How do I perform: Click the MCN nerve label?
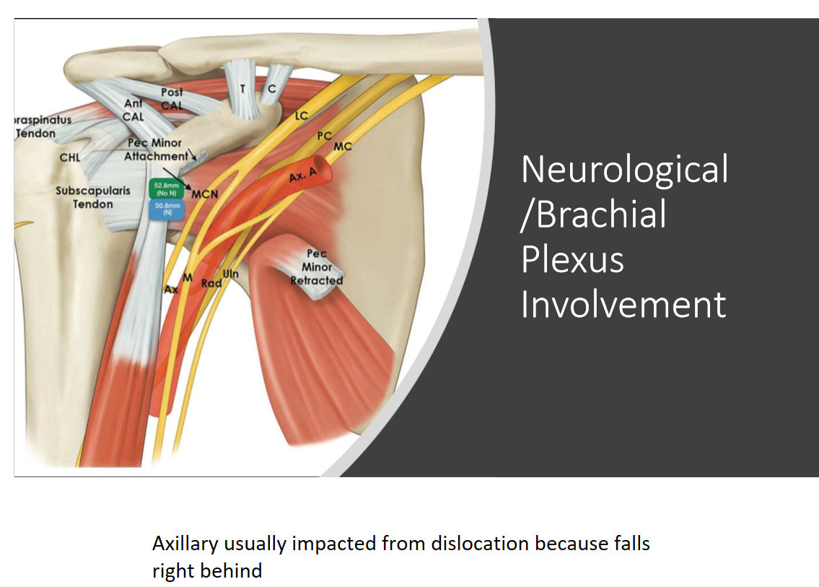[x=205, y=194]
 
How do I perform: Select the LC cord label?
[x=302, y=116]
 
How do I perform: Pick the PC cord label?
[x=325, y=136]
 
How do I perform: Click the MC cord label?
[x=343, y=147]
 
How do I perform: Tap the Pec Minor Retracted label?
[x=317, y=267]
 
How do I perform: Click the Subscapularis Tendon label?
[x=93, y=198]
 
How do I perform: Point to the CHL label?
[x=70, y=157]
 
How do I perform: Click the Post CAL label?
[x=172, y=99]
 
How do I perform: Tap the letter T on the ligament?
[x=242, y=89]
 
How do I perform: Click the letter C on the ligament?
[x=272, y=89]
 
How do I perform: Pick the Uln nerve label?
[x=230, y=274]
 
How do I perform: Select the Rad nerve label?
[x=211, y=283]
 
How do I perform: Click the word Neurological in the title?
[x=624, y=169]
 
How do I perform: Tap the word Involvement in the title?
[x=623, y=304]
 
